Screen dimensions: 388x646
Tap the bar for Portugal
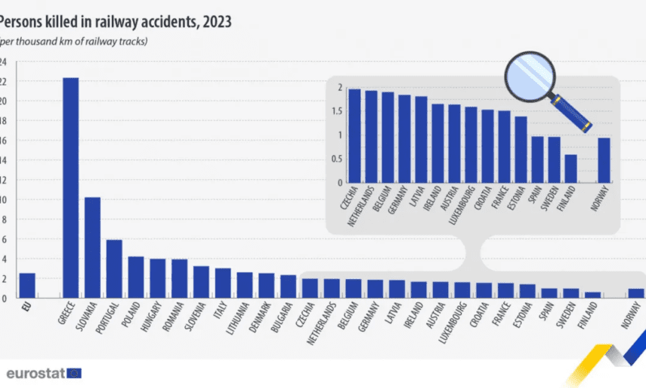114,268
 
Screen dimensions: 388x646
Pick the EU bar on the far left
27,286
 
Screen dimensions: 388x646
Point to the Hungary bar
157,278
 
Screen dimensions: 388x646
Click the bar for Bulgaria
288,287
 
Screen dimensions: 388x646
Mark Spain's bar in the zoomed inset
537,160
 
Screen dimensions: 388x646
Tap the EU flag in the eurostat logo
74,373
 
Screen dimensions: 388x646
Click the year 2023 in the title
215,22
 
